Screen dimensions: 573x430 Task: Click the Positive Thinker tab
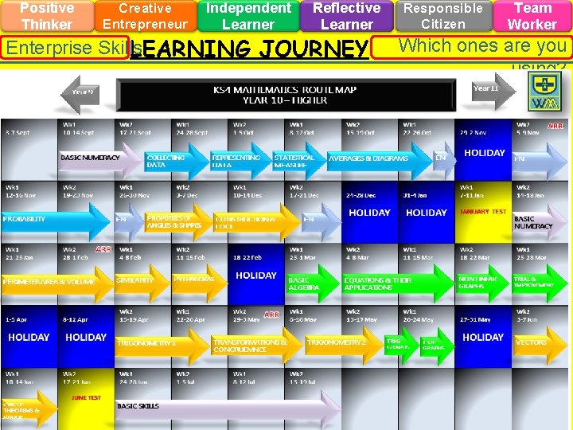46,16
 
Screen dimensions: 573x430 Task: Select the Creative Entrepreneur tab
145,16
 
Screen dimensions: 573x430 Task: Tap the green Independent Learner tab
248,16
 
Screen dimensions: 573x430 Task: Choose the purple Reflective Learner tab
346,16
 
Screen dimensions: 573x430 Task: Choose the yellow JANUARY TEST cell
483,213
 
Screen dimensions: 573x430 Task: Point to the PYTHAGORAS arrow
198,280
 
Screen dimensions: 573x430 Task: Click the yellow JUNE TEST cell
86,397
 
